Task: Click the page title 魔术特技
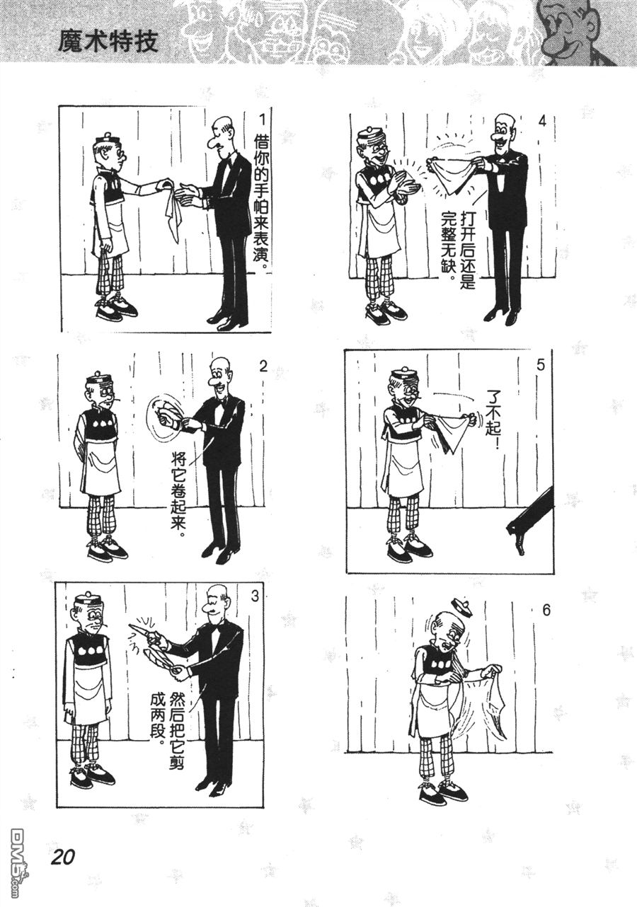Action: coord(108,40)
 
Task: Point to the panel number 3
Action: coord(254,595)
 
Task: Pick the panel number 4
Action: coord(541,120)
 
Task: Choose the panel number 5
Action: coord(541,366)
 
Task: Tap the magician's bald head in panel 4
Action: coord(504,122)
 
